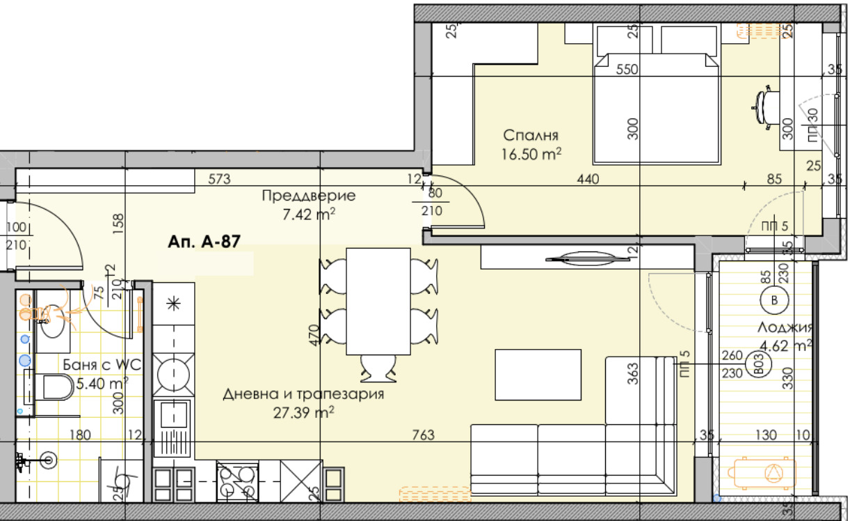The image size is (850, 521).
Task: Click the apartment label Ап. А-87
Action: coord(204,242)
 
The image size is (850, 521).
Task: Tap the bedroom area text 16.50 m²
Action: coord(531,154)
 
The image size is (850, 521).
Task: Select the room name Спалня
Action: coord(531,136)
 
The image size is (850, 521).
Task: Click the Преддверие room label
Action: coord(308,196)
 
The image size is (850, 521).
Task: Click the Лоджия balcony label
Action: coord(782,327)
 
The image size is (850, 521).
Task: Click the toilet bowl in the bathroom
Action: coord(56,387)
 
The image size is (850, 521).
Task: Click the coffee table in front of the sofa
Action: coord(537,375)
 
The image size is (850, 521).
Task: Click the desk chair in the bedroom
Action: coord(764,107)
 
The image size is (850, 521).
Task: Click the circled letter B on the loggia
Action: coord(769,302)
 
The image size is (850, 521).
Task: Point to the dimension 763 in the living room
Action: coord(423,435)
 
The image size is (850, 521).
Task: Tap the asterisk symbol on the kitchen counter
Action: coord(173,303)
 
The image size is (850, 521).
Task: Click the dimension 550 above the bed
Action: coord(627,70)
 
